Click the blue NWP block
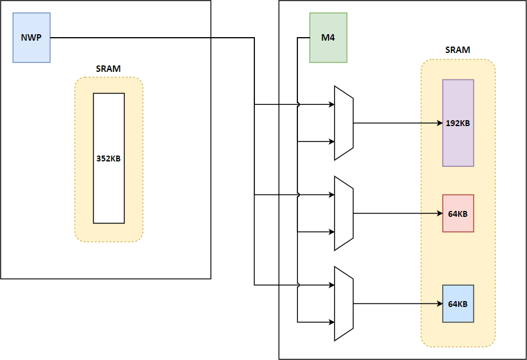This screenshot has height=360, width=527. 32,38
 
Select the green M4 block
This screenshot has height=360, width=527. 328,38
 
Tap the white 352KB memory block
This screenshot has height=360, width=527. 109,158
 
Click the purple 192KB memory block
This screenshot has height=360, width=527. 458,123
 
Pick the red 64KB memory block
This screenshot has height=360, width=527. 458,213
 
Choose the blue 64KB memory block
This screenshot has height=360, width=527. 458,303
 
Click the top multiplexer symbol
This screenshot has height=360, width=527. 343,123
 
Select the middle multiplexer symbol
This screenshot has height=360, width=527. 343,213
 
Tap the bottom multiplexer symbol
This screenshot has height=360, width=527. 343,303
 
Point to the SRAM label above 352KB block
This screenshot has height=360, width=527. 108,68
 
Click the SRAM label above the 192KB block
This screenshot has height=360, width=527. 458,50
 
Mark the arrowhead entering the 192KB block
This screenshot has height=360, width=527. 439,123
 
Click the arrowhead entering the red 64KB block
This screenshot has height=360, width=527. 439,213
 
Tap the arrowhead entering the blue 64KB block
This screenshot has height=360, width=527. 439,304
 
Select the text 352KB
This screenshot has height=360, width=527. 109,158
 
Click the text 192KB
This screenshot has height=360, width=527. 458,123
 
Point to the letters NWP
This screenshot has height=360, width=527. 32,38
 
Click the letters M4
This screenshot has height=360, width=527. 328,38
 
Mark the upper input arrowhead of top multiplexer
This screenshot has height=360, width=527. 331,105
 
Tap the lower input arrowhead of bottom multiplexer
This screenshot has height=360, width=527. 331,322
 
